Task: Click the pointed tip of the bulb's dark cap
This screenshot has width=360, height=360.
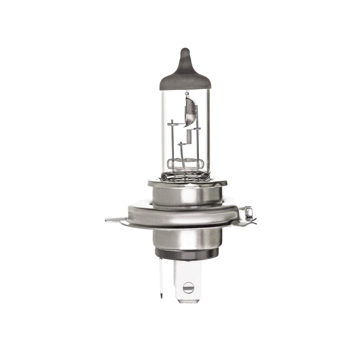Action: pyautogui.click(x=184, y=50)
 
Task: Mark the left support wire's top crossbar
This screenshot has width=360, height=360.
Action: pyautogui.click(x=173, y=122)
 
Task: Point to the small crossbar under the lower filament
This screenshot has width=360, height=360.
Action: pyautogui.click(x=182, y=144)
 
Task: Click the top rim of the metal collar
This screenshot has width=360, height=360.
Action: pyautogui.click(x=187, y=182)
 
